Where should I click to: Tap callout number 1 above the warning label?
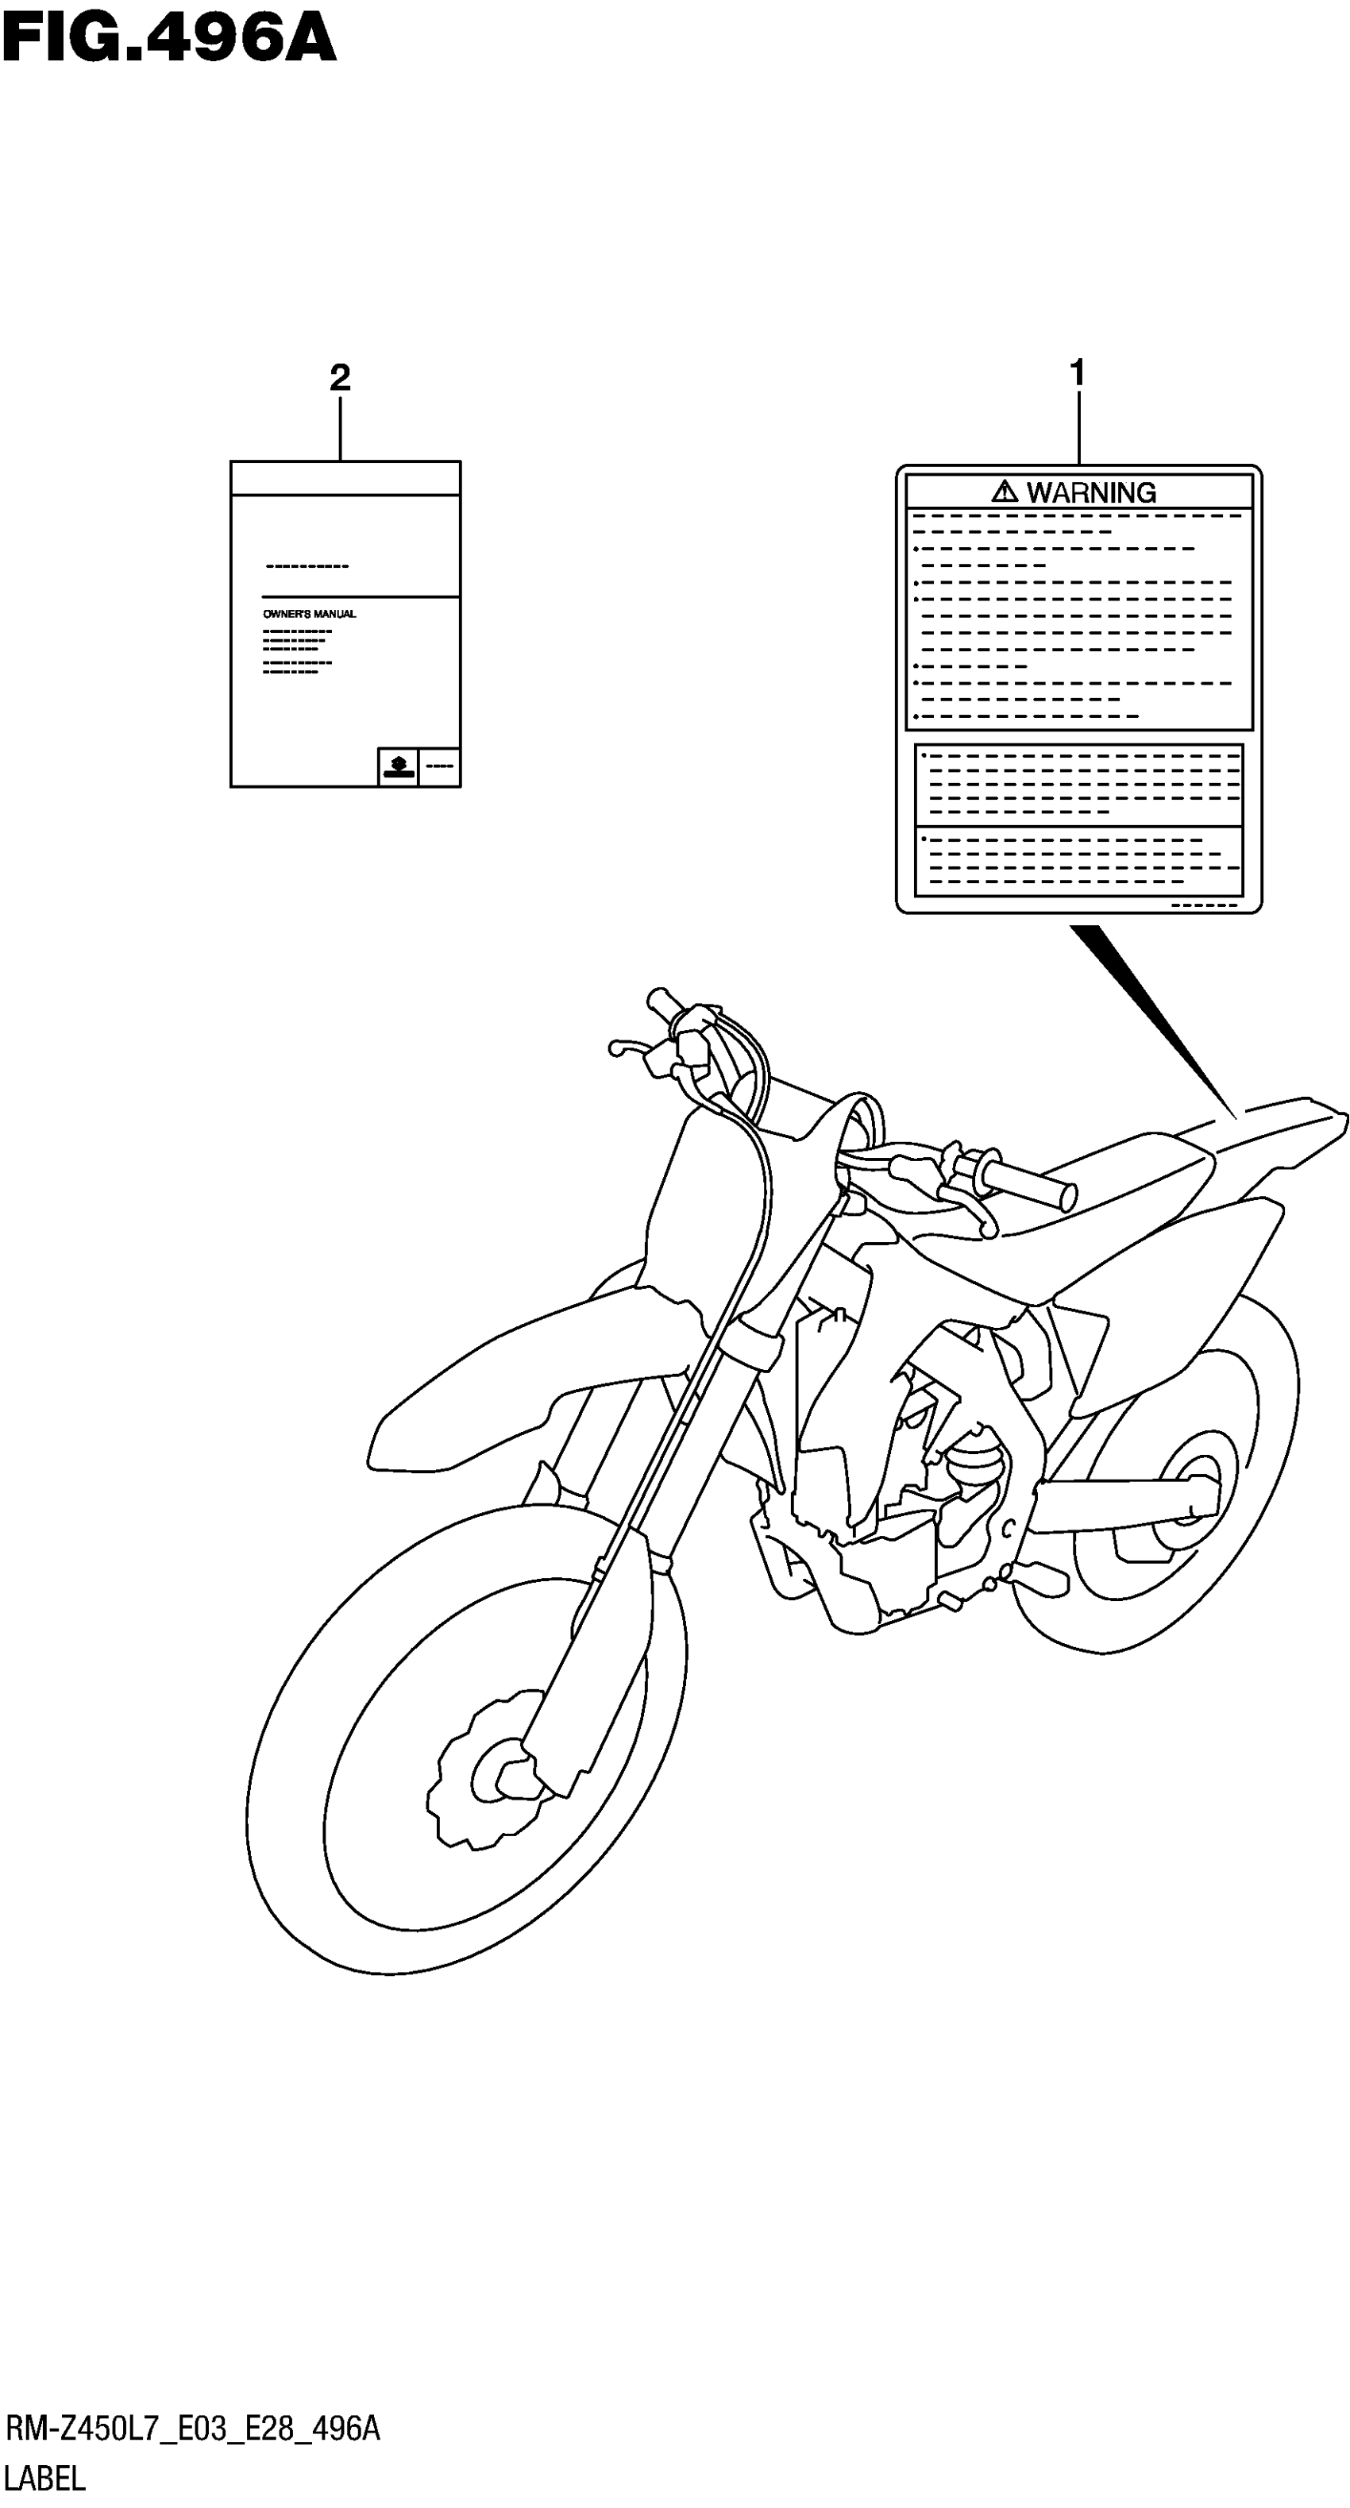pos(1077,373)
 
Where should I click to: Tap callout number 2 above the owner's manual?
pos(340,378)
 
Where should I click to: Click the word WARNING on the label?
pos(1091,492)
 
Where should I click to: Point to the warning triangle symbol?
pos(1005,492)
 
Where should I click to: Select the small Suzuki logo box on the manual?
pos(397,766)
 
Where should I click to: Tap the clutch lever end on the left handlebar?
pos(617,1048)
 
